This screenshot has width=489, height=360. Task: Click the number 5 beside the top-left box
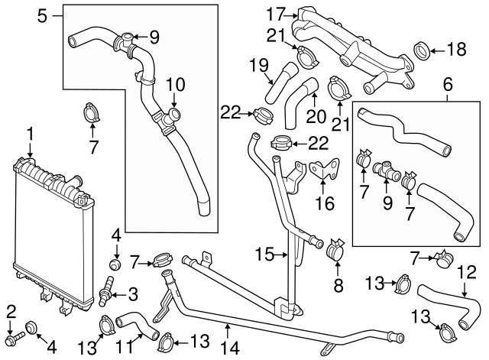click(43, 14)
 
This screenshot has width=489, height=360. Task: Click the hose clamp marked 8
click(335, 250)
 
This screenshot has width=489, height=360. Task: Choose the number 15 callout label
click(264, 254)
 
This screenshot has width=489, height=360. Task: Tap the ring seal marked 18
click(420, 52)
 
